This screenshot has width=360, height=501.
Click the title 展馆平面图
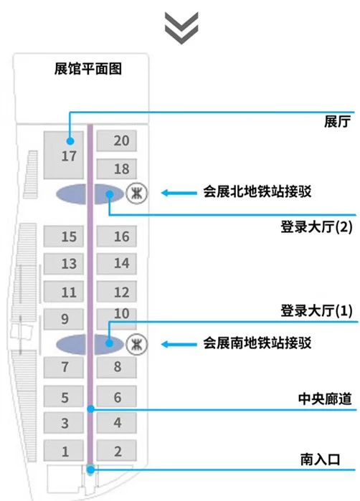point(88,69)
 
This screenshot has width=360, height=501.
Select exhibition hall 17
point(64,155)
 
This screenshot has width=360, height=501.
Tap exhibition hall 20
point(117,140)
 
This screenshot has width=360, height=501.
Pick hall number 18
point(117,168)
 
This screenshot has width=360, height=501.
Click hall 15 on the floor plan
point(64,236)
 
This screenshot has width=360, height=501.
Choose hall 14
point(117,264)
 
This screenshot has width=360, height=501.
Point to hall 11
point(64,292)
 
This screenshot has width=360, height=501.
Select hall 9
point(64,319)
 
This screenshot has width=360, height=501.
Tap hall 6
point(117,396)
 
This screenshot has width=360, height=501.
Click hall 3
point(64,423)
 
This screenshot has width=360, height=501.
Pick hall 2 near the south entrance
point(117,451)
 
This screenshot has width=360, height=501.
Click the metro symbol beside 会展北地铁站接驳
point(136,193)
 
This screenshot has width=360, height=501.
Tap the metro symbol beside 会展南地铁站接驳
point(136,344)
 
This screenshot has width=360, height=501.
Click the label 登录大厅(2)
point(316,227)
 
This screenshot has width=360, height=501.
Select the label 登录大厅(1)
point(316,310)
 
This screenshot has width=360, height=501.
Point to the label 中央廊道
point(325,399)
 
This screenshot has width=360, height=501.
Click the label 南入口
point(320,459)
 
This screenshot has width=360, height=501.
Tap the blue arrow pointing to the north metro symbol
point(179,193)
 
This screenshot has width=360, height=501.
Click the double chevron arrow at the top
point(181,28)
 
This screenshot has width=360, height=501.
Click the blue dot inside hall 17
point(70,141)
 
